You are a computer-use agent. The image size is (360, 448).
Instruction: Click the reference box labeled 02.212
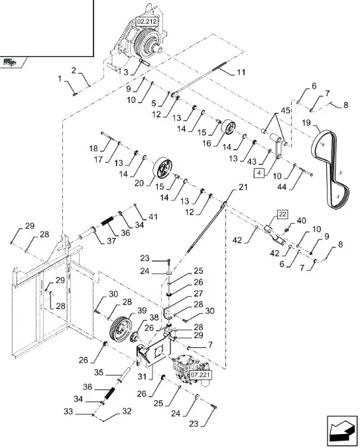point(147,22)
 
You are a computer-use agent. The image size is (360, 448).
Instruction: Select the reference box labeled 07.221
point(200,375)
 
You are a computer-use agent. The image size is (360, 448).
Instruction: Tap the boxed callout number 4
point(259,173)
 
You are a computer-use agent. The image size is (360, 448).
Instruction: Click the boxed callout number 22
point(282,214)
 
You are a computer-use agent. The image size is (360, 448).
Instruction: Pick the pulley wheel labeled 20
point(162,167)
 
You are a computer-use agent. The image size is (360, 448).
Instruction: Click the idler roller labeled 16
point(228,127)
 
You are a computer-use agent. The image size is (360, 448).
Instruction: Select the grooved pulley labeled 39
point(121,328)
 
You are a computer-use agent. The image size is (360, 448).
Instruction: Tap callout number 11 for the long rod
point(241,72)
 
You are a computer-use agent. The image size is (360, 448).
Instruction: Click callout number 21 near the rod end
point(243,187)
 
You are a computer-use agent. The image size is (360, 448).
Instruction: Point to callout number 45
point(286,110)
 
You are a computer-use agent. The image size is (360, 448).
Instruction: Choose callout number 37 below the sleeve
point(111,241)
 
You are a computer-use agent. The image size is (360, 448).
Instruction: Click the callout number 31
point(142,376)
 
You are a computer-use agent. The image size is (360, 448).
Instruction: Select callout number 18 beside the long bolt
point(93,148)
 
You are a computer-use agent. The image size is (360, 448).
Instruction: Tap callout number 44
point(282,187)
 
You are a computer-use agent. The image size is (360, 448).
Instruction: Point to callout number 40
point(302,220)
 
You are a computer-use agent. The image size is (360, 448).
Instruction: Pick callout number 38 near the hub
point(154,317)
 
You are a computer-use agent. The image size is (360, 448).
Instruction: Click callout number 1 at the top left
point(60,78)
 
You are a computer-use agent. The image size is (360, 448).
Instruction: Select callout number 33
point(68,411)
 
